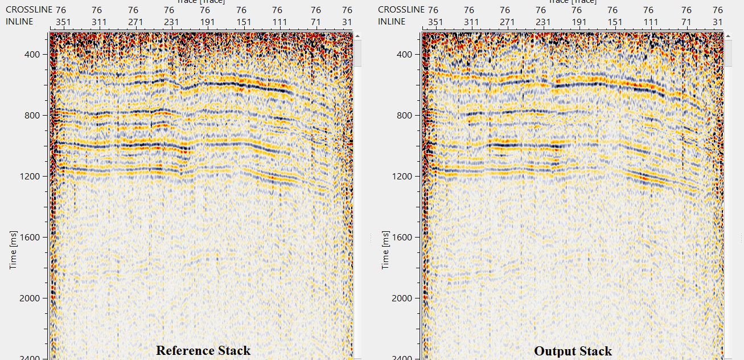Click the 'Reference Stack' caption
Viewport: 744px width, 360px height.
[x=203, y=350]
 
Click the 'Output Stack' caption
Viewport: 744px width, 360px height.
[x=573, y=351]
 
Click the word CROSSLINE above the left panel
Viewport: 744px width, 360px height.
[x=28, y=10]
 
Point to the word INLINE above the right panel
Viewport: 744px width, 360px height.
[x=392, y=22]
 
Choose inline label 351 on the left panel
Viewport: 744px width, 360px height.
[x=60, y=22]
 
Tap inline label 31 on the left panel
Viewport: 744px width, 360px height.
[x=347, y=22]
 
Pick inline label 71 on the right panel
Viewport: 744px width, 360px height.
[x=687, y=22]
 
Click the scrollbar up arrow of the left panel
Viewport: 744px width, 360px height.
[x=357, y=36]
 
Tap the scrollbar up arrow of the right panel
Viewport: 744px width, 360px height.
[x=728, y=36]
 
